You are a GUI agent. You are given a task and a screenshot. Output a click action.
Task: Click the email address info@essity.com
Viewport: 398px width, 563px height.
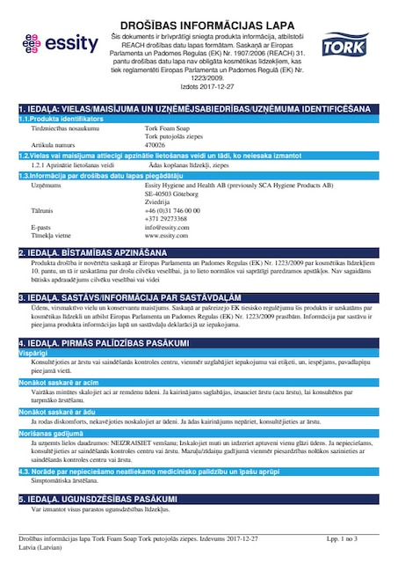[168, 227]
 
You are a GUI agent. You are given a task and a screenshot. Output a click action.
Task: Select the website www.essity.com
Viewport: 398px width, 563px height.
[167, 235]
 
